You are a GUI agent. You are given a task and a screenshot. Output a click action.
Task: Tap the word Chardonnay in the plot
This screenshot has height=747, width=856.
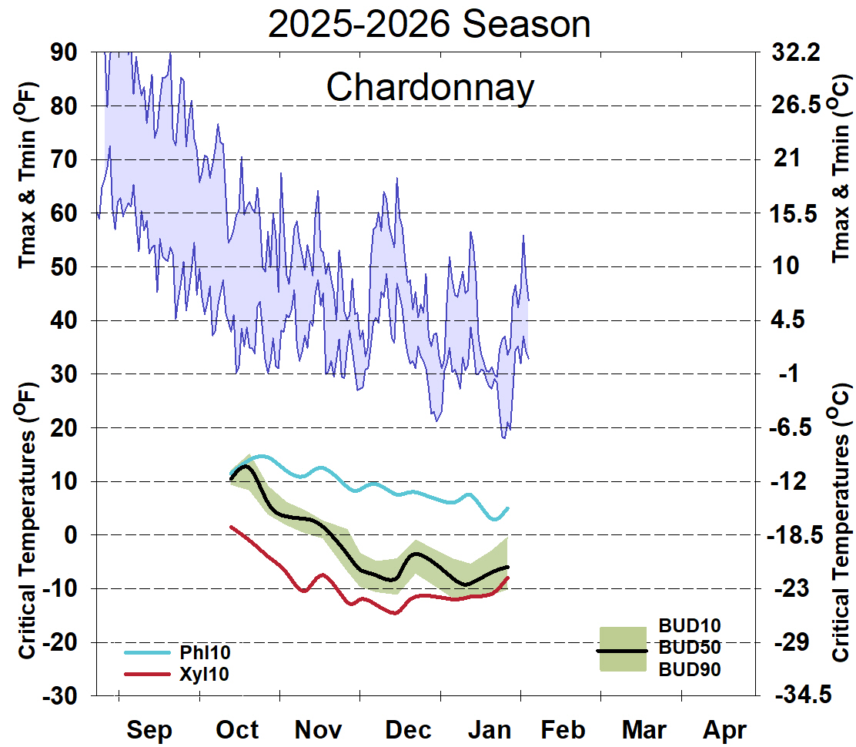coord(430,87)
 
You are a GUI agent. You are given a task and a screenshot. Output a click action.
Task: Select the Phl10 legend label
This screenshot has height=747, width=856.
coord(205,653)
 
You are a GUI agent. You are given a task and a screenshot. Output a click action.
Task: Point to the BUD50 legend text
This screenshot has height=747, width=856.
coord(690,647)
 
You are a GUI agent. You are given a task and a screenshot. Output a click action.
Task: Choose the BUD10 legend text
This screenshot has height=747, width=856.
coord(690,625)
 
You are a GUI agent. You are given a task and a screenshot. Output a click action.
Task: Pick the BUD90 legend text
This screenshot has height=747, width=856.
coord(690,669)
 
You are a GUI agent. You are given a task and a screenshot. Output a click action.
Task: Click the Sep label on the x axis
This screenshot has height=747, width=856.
coord(149,729)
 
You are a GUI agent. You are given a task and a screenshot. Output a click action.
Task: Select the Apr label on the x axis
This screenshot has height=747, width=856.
coord(724,729)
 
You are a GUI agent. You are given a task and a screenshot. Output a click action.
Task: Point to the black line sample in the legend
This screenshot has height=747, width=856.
coord(623,651)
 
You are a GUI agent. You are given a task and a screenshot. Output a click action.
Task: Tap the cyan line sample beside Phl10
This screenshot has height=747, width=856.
coord(146,653)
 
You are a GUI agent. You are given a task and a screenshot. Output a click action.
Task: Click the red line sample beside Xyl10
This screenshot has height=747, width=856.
coord(146,674)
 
